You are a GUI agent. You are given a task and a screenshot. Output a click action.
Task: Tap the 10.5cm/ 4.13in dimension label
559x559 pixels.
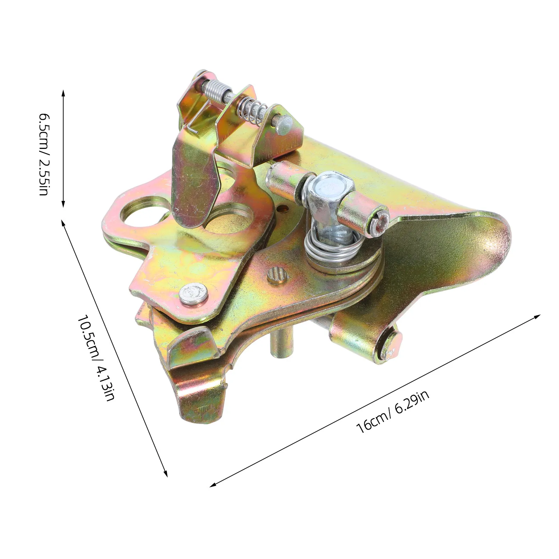tap(96, 358)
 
